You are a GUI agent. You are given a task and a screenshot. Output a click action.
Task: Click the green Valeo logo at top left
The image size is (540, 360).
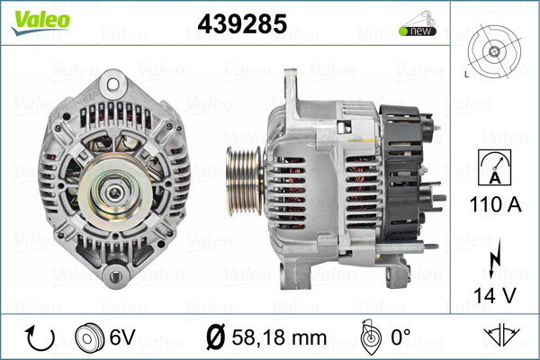(40, 22)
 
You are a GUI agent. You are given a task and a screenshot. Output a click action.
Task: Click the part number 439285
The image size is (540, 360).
(242, 23)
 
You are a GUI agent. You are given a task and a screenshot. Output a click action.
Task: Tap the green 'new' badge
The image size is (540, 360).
(418, 31)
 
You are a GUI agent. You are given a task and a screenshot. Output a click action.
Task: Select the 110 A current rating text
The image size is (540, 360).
(495, 204)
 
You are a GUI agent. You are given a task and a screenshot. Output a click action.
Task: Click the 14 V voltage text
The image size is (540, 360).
(495, 295)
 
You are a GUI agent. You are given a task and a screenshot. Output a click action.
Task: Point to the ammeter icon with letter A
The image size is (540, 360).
(494, 167)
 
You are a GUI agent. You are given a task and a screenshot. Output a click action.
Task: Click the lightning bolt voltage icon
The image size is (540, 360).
(494, 258)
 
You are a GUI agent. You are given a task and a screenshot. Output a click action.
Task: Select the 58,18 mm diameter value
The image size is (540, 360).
(279, 337)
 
